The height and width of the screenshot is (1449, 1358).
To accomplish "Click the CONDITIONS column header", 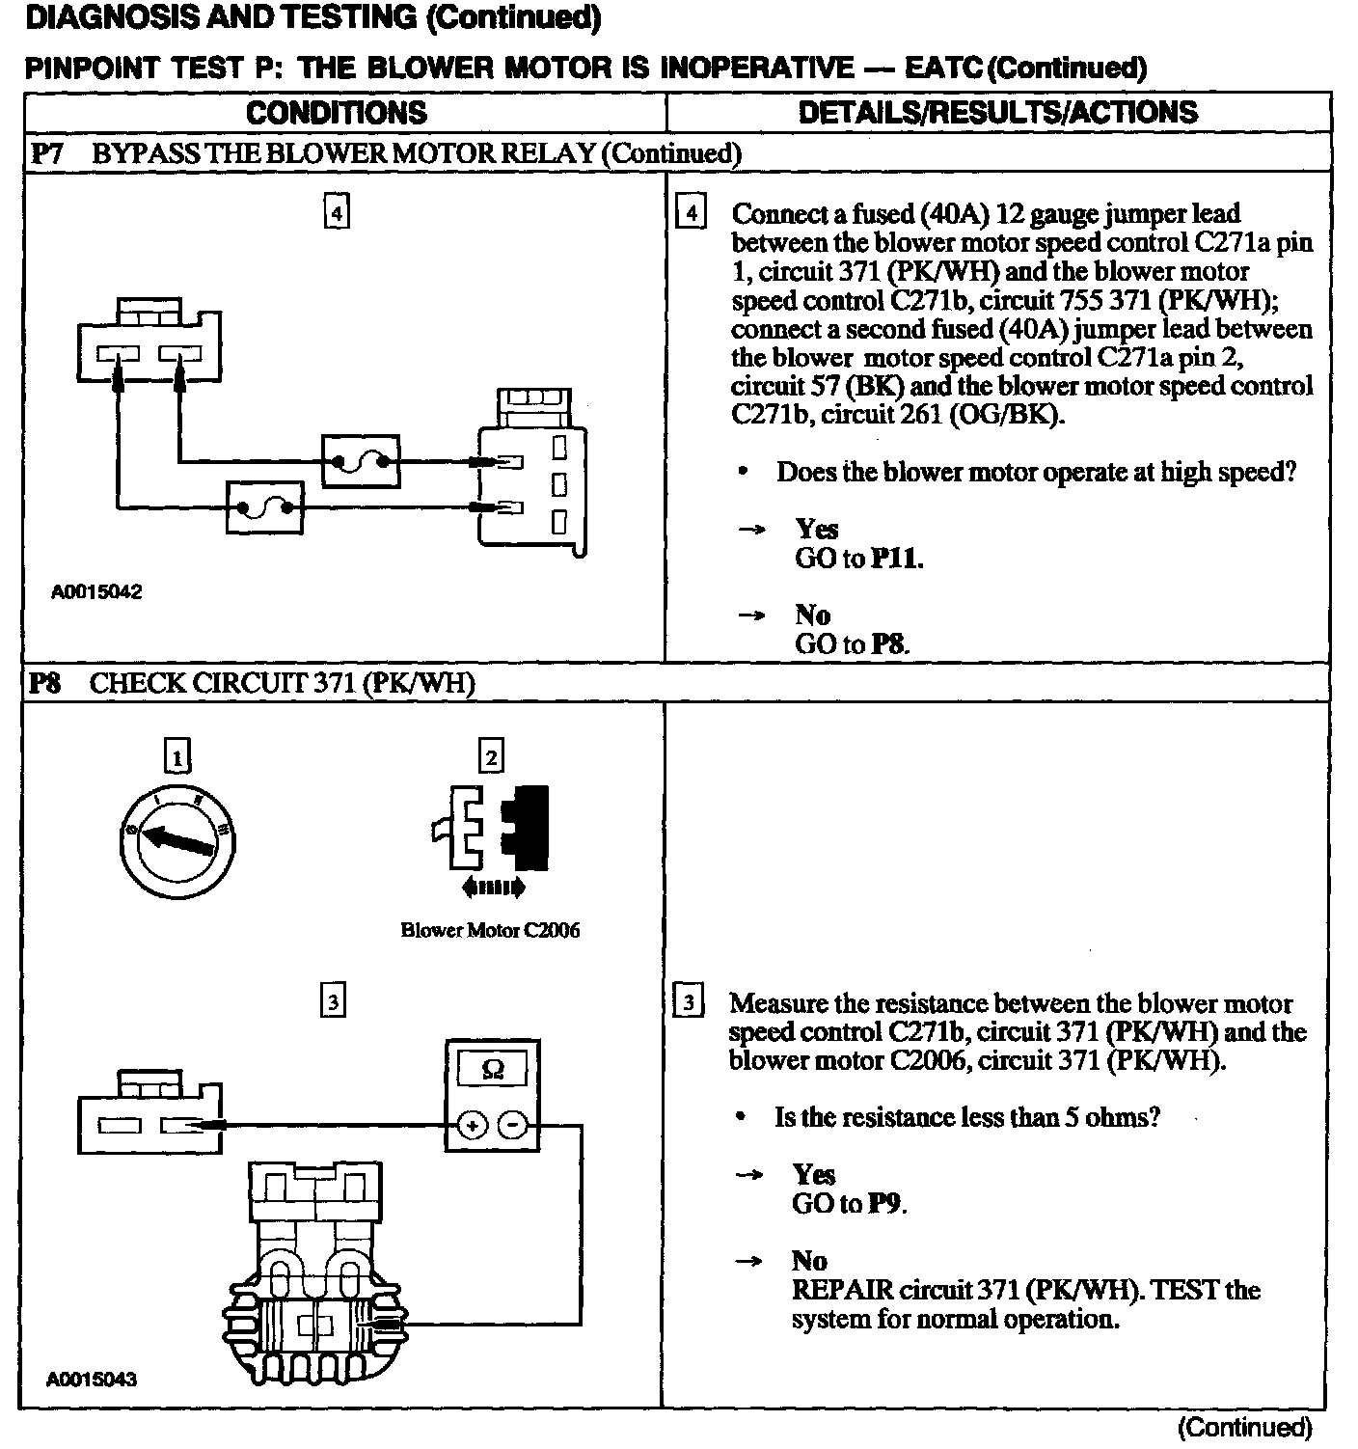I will point(337,113).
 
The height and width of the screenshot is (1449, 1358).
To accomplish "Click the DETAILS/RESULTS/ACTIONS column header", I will point(997,113).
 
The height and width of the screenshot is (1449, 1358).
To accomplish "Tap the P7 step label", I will point(47,153).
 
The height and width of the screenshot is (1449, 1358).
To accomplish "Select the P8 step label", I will point(45,684).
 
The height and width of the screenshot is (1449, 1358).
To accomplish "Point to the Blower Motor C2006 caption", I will point(490,930).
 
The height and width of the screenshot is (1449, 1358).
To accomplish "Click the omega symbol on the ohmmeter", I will point(492,1070).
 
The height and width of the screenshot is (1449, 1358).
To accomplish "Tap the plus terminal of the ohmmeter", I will point(472,1126).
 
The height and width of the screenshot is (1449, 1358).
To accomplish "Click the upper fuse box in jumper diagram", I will point(359,462).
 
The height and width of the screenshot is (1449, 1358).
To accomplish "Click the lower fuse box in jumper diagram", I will point(263,506).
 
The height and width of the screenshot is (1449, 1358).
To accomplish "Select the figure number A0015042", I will point(96,592).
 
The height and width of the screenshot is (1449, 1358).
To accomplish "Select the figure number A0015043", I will point(92,1379).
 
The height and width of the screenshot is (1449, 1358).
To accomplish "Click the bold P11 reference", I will point(896,559).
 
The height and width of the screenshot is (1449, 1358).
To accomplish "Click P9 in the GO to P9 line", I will point(887,1204).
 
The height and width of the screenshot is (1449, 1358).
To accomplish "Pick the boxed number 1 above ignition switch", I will point(177,756).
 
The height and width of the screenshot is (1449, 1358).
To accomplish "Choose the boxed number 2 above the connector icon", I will point(491,756).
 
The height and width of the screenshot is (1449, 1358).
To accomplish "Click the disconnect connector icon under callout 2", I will point(491,830).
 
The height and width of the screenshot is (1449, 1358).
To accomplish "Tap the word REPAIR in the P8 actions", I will point(841,1290).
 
